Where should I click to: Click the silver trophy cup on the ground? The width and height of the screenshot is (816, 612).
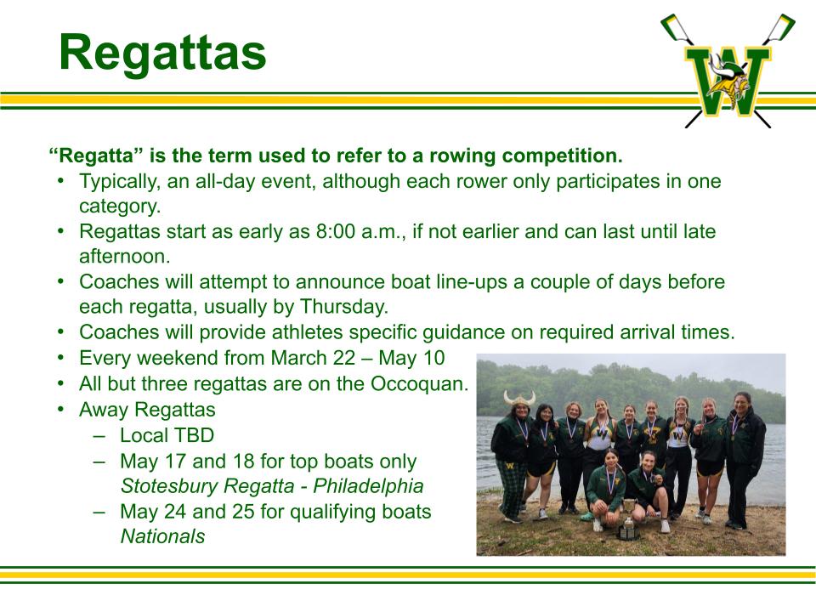coord(629,518)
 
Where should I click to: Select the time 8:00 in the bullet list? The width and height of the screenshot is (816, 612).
coord(336,231)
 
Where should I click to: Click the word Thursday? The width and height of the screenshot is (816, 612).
coord(344,307)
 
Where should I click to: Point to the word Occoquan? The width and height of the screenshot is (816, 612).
coord(419,384)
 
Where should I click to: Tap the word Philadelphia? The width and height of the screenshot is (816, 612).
coord(368,486)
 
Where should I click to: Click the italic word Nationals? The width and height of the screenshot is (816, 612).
coord(163,536)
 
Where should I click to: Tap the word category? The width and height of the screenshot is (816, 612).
coord(120,207)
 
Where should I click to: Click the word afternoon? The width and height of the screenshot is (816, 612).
coord(125,257)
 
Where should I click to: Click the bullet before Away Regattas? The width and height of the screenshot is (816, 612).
coord(61,410)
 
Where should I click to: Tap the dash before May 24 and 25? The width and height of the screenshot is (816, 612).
coord(99,512)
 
